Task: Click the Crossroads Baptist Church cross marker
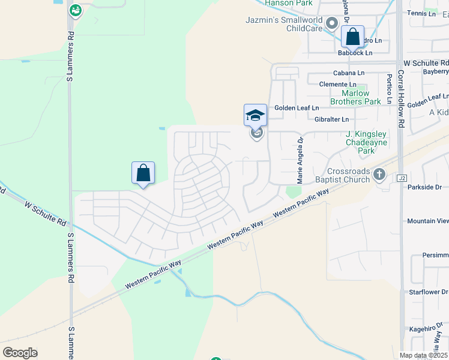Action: pyautogui.click(x=379, y=175)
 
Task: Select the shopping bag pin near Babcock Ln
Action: pyautogui.click(x=352, y=37)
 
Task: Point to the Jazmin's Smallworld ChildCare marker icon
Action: pyautogui.click(x=331, y=22)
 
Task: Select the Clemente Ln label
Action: pyautogui.click(x=338, y=85)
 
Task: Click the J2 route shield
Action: pyautogui.click(x=402, y=178)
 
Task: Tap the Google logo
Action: pyautogui.click(x=20, y=353)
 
